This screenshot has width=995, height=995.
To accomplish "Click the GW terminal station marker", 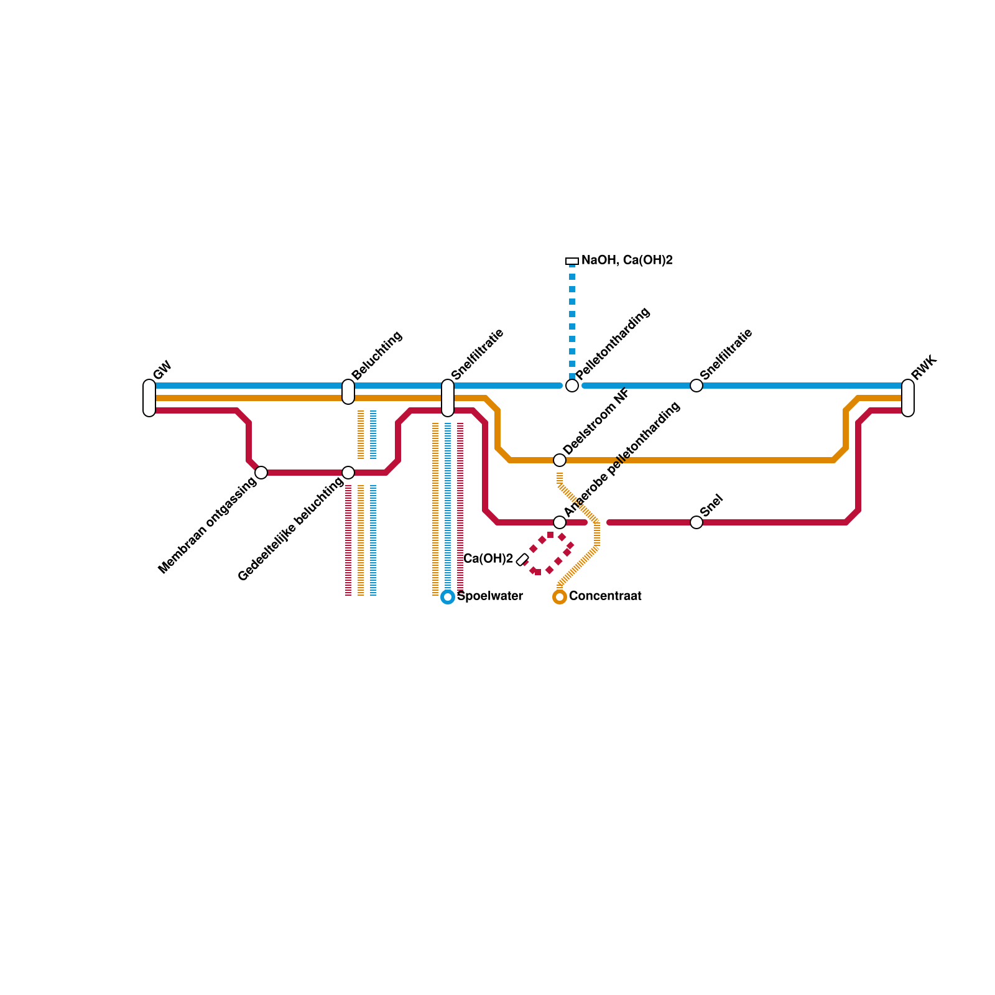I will [149, 398].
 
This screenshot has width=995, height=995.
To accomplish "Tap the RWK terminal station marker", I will [908, 398].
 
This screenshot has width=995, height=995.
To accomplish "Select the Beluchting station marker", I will [348, 391].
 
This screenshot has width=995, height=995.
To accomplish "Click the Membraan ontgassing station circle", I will [261, 473].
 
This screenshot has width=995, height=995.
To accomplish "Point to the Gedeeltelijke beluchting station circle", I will [348, 473].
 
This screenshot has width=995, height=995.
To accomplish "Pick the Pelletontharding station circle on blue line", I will [572, 386].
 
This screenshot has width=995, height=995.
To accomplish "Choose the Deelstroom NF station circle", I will [560, 460].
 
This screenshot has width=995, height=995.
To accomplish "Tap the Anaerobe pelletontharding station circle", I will [560, 522].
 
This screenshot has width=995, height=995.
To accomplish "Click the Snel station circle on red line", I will [696, 522].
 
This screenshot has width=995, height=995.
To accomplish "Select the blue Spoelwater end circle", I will [448, 597].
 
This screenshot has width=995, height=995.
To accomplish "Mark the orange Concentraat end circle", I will [560, 597].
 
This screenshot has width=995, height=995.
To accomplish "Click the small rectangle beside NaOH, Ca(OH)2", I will [572, 261].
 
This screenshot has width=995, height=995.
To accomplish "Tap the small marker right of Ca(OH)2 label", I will [522, 560].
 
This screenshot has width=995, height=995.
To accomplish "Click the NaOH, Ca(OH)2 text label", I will [627, 261].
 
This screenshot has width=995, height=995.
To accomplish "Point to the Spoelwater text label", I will [490, 596].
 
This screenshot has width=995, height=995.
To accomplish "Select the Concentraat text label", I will [605, 596].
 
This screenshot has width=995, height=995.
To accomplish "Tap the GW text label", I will [162, 370].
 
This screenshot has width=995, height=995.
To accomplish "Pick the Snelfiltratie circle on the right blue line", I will [696, 386].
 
